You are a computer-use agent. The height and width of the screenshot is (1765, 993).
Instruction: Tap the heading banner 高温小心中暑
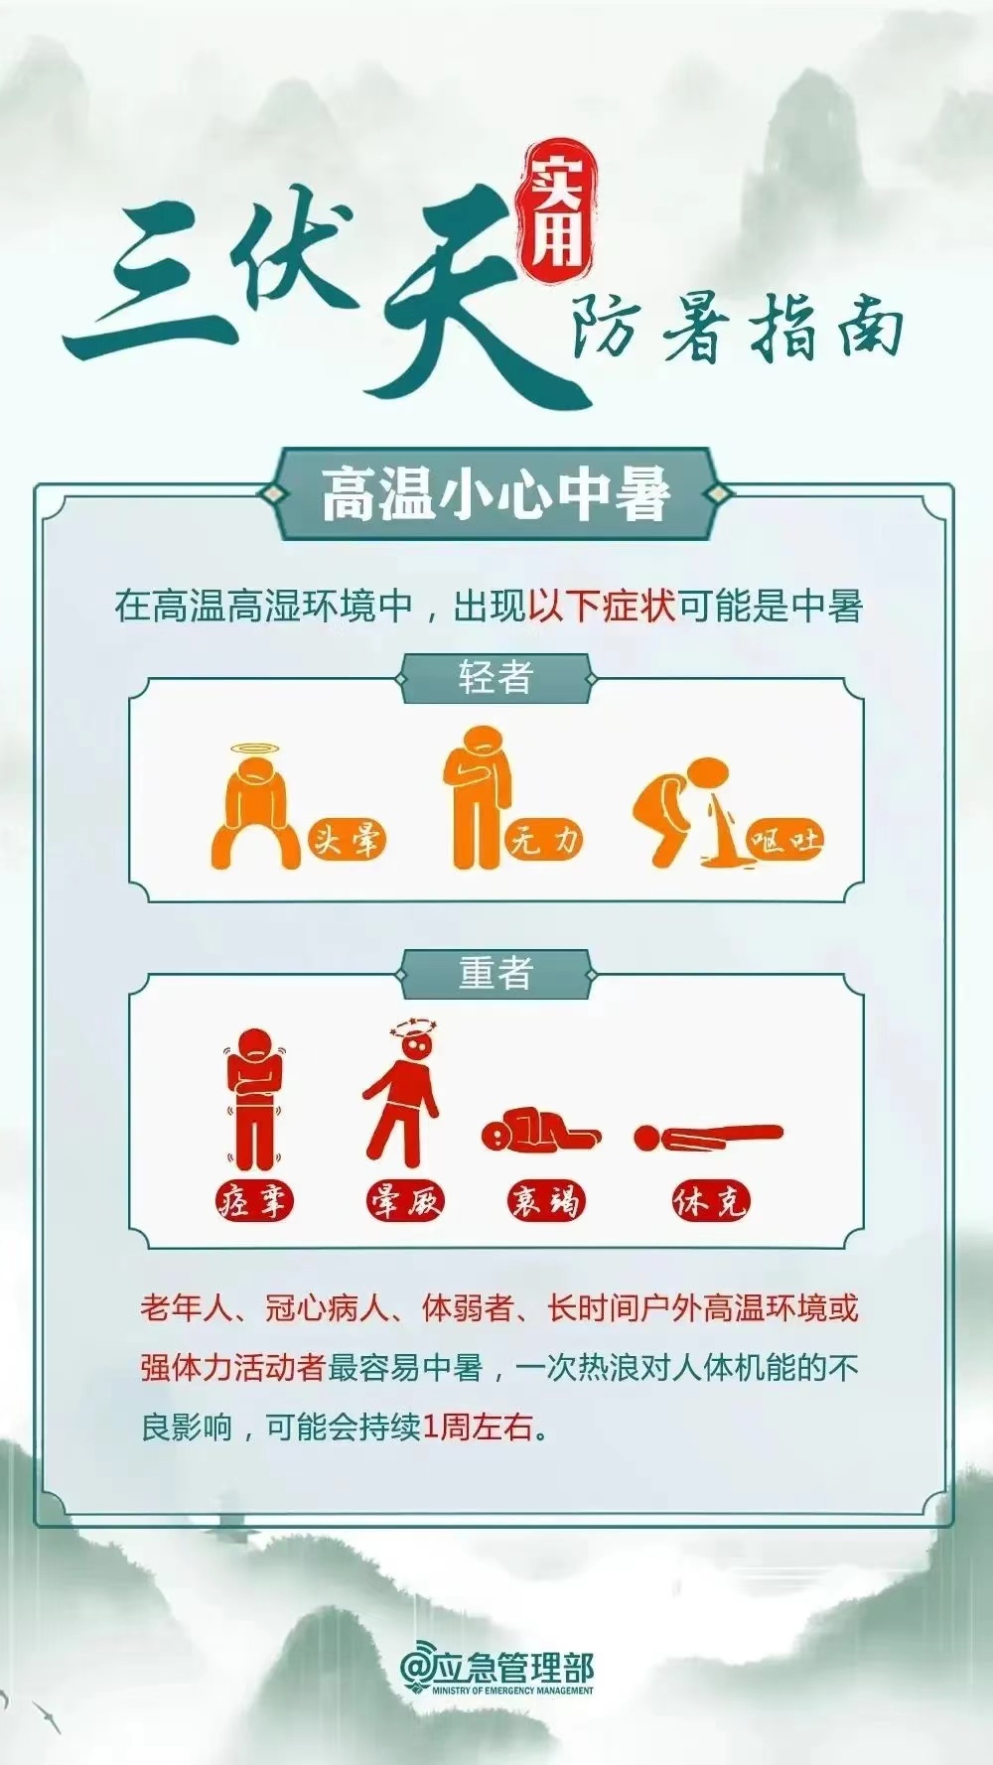pos(496,493)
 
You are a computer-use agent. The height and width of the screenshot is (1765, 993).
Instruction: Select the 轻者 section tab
pos(496,679)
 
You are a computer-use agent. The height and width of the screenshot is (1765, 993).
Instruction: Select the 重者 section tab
pos(496,973)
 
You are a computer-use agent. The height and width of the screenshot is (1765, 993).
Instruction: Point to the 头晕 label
pos(346,841)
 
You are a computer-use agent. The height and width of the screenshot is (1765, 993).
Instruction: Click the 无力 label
pos(543,841)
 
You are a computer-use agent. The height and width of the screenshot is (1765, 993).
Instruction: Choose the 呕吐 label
pos(784,841)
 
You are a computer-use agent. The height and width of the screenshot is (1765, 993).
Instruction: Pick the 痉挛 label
pos(255,1201)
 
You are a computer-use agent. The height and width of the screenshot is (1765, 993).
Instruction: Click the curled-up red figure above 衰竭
pos(540,1131)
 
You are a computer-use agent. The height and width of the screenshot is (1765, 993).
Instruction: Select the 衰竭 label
pos(545,1201)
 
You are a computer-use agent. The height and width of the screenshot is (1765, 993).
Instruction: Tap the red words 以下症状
pos(602,606)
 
